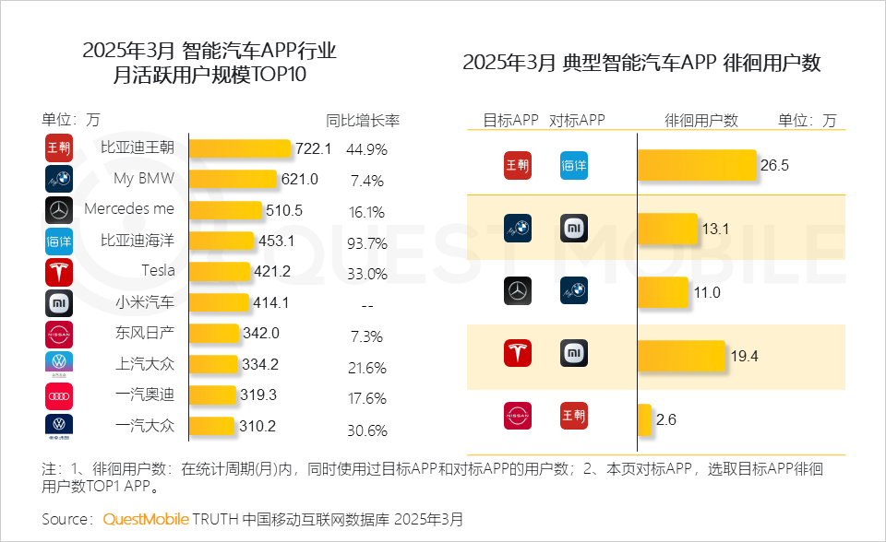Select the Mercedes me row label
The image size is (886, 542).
(129, 209)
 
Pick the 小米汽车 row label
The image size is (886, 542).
(145, 301)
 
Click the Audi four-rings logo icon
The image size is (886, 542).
(58, 395)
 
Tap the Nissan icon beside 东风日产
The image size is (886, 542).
(58, 333)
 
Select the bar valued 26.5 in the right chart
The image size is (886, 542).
(697, 166)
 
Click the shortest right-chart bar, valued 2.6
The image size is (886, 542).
(644, 419)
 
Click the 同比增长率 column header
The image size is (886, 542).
(363, 121)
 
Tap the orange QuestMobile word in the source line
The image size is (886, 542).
(146, 519)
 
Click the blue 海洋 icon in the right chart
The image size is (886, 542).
(573, 166)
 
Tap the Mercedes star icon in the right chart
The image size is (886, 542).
(518, 292)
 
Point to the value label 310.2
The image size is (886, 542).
(260, 427)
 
